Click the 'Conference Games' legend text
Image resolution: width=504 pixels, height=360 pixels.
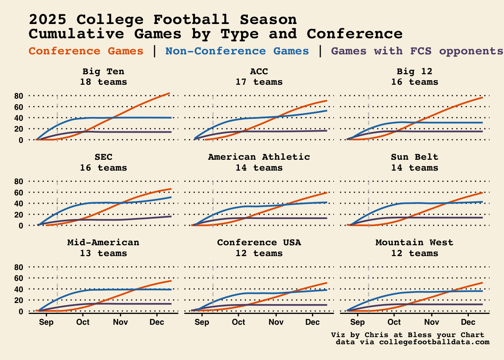(86, 51)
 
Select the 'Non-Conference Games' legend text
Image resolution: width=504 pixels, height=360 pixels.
(237, 51)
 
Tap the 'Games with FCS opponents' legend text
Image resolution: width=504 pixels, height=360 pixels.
(417, 51)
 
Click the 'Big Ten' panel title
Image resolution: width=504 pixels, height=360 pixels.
(103, 71)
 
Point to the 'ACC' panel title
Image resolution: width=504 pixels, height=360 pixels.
(259, 71)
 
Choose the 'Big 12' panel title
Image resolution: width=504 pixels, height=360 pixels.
(414, 71)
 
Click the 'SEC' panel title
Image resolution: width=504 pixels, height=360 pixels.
(103, 157)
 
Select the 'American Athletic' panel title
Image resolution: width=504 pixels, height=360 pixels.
(259, 157)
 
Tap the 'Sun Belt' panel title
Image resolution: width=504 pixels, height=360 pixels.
(414, 157)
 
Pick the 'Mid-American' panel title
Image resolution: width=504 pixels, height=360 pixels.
(103, 242)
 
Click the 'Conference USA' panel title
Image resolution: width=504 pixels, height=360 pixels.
(259, 242)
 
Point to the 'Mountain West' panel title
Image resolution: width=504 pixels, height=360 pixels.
(414, 242)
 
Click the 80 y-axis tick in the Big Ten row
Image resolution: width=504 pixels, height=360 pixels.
(19, 96)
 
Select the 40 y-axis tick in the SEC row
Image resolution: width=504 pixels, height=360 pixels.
(19, 204)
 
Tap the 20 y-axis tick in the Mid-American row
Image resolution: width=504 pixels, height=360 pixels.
(19, 300)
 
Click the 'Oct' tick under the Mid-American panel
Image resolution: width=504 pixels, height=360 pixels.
(83, 322)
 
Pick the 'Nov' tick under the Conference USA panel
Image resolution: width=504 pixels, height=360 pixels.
(276, 322)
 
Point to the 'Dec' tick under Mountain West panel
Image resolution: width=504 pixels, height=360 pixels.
(468, 322)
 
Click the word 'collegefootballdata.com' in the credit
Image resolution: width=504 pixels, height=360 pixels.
(434, 342)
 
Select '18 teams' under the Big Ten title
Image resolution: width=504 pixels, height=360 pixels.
(103, 82)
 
